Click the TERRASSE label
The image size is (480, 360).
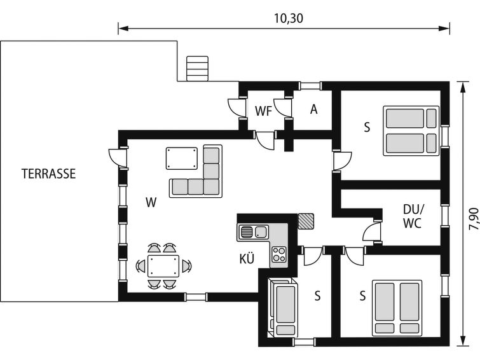tap(48, 174)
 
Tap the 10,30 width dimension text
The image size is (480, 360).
tap(289, 18)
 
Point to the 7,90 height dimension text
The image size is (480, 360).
tap(473, 219)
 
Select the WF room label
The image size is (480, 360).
tap(264, 111)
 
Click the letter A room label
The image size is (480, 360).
tap(313, 109)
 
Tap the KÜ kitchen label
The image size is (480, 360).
tap(247, 259)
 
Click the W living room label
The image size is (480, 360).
tap(151, 202)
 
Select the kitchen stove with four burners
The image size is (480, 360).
tap(279, 254)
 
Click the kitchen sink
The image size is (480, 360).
tap(253, 232)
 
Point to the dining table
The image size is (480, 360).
tap(163, 266)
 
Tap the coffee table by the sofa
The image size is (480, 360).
tap(182, 158)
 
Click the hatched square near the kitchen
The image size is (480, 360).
tap(306, 221)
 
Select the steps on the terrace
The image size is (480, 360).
tap(198, 68)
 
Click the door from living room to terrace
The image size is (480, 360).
tap(118, 158)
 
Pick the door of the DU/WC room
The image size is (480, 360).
tap(372, 232)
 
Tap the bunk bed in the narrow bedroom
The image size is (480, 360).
tap(282, 308)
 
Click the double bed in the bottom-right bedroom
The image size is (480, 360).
tap(397, 308)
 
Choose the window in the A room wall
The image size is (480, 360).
tap(310, 86)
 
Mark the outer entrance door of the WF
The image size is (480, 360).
tap(237, 107)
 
